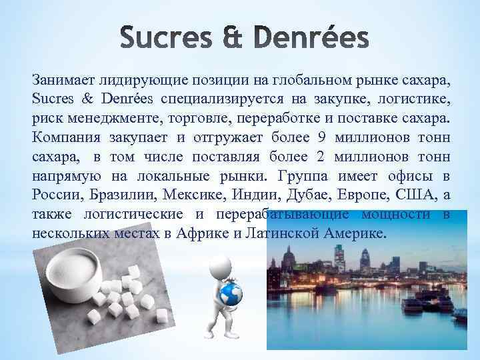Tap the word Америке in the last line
coord(353,235)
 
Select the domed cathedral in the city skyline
coord(288,257)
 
